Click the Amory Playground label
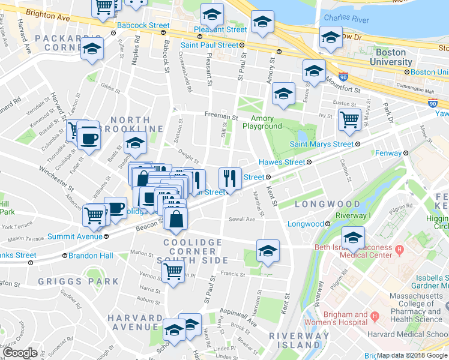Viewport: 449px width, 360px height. click(262, 122)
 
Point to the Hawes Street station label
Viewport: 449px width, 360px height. click(282, 162)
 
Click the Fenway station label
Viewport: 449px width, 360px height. click(385, 153)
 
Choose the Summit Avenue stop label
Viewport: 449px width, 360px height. click(75, 236)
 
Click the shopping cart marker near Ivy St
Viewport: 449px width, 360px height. click(349, 119)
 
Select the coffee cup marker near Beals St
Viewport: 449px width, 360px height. click(89, 138)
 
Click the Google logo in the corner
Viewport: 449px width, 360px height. click(20, 353)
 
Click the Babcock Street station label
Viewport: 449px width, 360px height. click(143, 26)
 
